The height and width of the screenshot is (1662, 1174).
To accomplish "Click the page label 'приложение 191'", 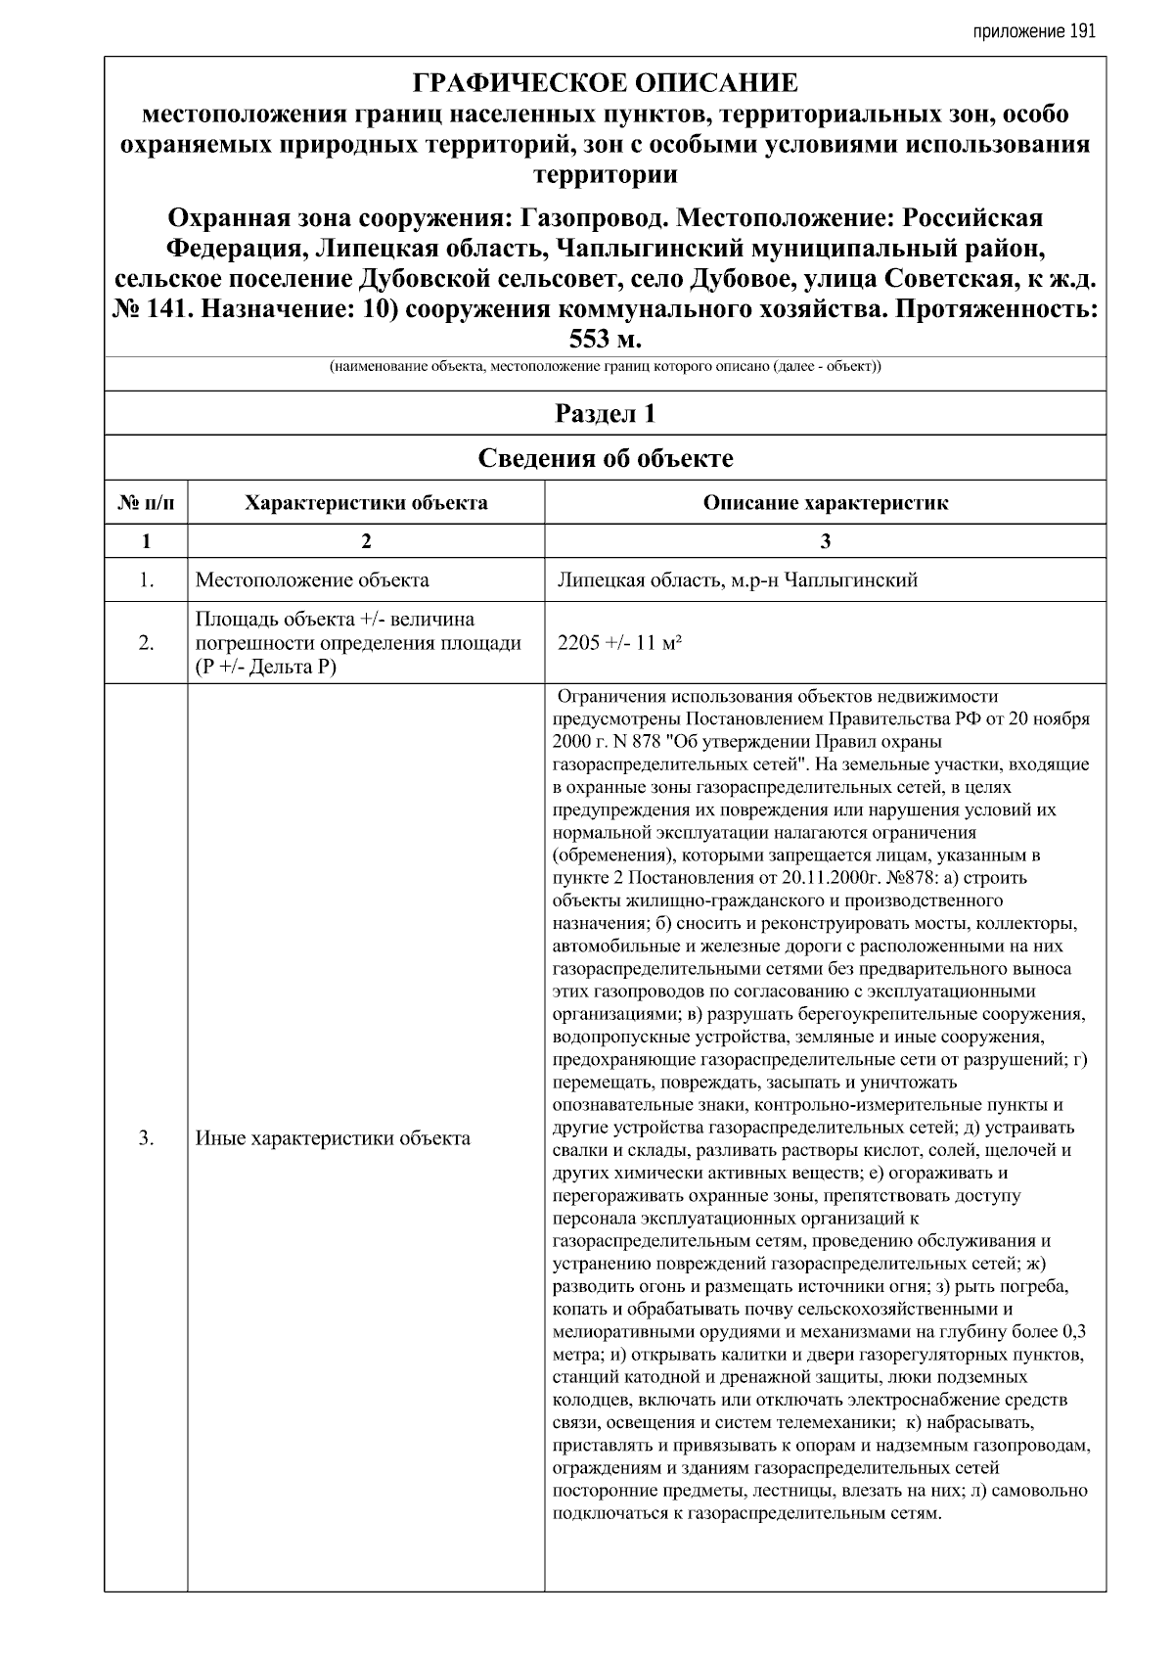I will coord(1034,31).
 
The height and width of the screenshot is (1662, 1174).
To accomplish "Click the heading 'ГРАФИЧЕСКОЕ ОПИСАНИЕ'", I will coord(605,83).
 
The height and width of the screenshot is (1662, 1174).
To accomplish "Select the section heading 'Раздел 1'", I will coord(605,413).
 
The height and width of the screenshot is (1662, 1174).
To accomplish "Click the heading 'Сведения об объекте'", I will coord(605,458).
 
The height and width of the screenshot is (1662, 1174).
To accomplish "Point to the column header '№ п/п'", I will coord(147,503).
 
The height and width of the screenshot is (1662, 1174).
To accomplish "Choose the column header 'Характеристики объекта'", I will coord(366,503).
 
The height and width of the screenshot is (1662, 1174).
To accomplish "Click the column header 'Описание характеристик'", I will coord(825,503).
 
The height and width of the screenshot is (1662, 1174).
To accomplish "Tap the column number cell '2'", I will coord(366,541).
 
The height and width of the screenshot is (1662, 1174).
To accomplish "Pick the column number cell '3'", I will coord(825,541).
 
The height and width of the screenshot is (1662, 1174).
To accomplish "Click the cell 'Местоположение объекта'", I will coord(312,580).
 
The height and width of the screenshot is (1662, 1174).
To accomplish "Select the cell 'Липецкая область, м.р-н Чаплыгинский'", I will coord(736,580).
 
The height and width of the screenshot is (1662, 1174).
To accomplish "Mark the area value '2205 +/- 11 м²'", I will coord(618,643).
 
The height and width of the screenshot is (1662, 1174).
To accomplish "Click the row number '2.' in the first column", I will coord(147,643).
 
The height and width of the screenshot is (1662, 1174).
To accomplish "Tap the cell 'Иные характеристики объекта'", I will coord(333,1138).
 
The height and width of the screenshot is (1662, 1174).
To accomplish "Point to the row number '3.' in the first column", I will coord(147,1138).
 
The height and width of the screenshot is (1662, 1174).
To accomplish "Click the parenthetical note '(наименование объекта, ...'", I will coord(605,368).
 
